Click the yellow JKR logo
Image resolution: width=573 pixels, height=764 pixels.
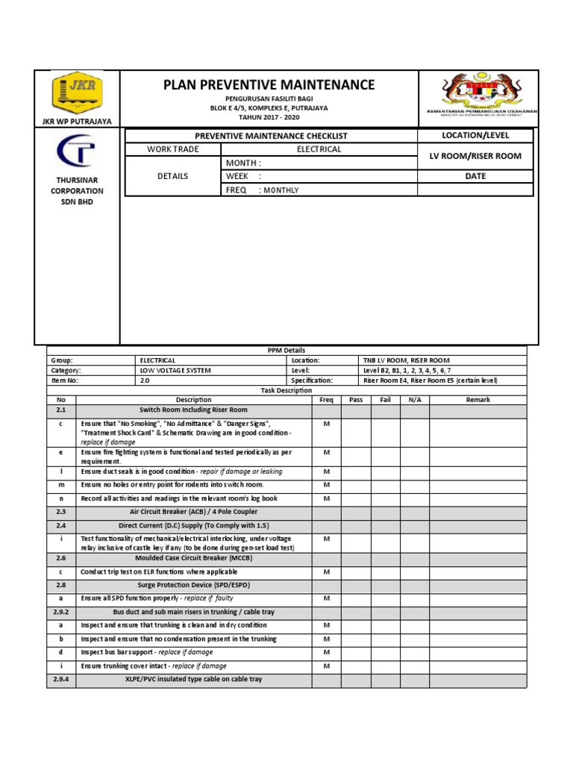coord(78,94)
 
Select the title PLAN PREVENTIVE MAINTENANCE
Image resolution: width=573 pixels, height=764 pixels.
coord(269,85)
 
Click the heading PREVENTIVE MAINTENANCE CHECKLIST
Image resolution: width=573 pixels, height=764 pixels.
coord(271,136)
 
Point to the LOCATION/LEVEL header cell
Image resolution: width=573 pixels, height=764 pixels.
coord(475,135)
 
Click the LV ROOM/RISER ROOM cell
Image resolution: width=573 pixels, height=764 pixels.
coord(475,156)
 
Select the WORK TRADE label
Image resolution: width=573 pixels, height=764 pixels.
coord(172,149)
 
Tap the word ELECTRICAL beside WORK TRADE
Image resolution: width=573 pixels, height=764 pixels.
coord(319,149)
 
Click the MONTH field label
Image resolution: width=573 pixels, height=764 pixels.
coord(243,163)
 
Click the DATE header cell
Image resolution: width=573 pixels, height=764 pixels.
coord(475,176)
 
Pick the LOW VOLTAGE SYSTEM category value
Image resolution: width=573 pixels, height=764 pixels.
coord(175,370)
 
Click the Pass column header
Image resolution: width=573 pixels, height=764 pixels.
coord(356,400)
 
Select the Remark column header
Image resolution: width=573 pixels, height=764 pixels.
coord(477,400)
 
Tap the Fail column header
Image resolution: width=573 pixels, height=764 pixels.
coord(385,400)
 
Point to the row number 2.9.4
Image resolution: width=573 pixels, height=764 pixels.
coord(61,679)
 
